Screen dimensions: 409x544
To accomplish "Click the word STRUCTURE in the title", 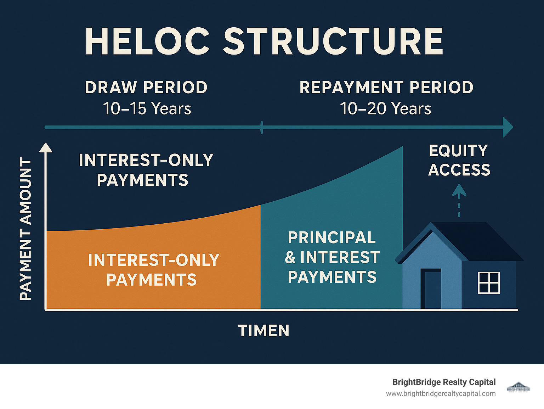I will click(333, 41).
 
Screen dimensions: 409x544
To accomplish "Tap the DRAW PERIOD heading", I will click(146, 88).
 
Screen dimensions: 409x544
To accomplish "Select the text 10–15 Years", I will click(147, 108).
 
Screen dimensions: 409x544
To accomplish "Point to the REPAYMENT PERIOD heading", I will click(386, 88).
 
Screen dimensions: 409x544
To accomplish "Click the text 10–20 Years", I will click(385, 108).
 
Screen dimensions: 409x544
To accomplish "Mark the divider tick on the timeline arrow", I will click(262, 127).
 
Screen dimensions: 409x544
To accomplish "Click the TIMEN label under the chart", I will click(264, 331).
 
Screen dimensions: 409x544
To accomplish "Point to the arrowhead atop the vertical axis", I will click(46, 147).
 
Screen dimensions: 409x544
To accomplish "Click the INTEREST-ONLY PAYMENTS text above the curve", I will click(146, 170).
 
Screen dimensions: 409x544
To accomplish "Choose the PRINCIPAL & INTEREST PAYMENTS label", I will click(332, 257).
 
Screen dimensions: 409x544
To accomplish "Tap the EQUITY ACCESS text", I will click(459, 160).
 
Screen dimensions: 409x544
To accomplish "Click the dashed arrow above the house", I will click(459, 200).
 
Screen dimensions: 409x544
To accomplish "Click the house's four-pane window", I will click(489, 283).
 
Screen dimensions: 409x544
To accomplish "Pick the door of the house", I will click(431, 289).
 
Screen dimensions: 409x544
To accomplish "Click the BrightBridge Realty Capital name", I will click(444, 382).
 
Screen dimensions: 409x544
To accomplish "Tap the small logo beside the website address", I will click(518, 387).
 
